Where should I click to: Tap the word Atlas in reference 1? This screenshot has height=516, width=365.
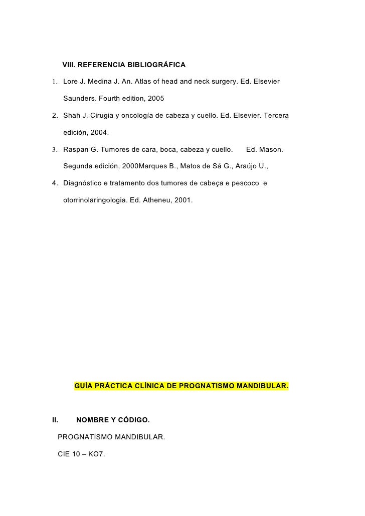144,81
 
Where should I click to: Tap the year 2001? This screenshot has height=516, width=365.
183,199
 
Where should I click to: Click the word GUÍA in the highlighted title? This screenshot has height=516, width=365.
83,386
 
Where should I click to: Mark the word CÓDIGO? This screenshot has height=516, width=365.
132,419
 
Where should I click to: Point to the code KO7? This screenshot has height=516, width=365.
97,454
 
